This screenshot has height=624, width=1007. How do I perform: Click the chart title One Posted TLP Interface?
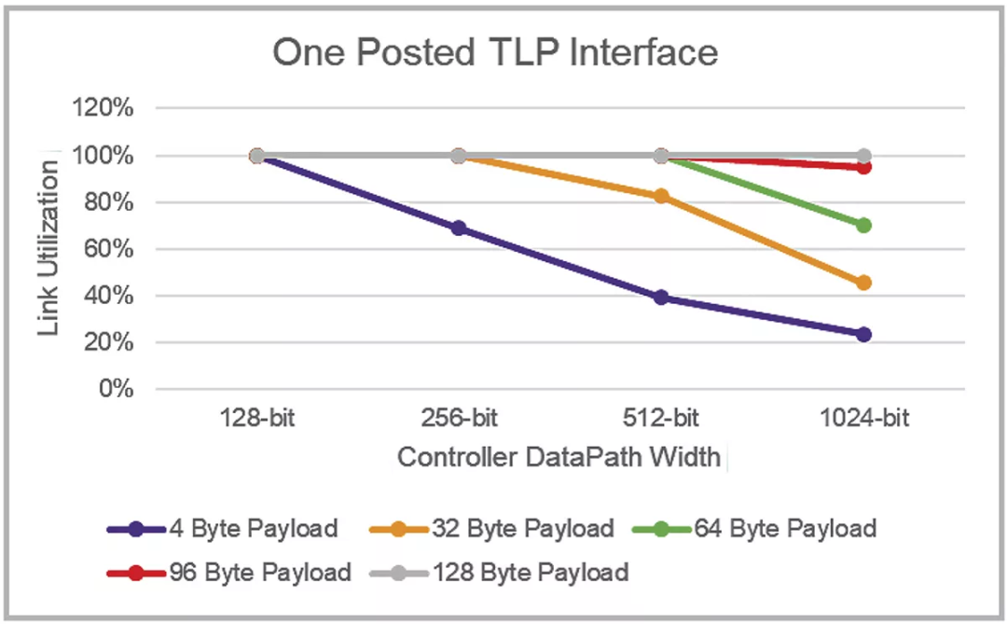(x=495, y=52)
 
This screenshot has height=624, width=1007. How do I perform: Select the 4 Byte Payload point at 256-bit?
(x=459, y=229)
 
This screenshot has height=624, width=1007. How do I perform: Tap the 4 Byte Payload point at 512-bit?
(x=661, y=298)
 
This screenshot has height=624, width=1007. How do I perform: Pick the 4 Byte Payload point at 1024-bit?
(x=863, y=334)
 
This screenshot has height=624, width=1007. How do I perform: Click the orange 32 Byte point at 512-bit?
(x=661, y=196)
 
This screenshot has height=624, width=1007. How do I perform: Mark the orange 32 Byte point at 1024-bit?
(x=863, y=283)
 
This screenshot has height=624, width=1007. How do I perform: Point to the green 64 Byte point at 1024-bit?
(x=863, y=225)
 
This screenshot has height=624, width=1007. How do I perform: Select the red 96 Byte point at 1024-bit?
(x=863, y=167)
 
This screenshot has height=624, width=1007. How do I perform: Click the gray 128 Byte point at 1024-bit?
(x=863, y=156)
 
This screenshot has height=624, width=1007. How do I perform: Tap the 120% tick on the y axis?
(x=104, y=108)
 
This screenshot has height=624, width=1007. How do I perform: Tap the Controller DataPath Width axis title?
(x=559, y=458)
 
